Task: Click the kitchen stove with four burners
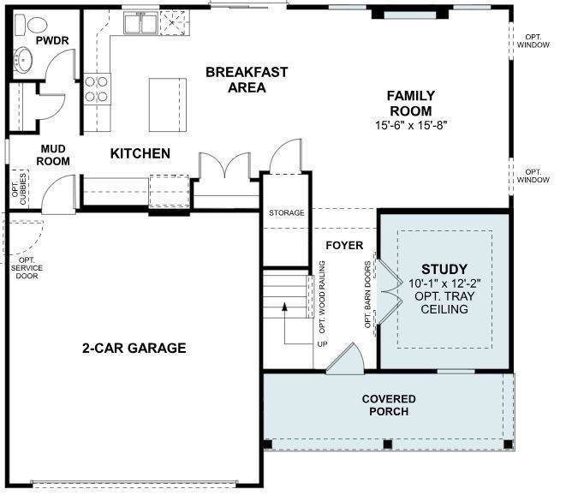pyautogui.click(x=97, y=88)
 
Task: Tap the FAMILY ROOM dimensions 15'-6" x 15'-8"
pyautogui.click(x=411, y=125)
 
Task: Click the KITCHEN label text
pyautogui.click(x=140, y=154)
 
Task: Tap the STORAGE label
pyautogui.click(x=286, y=212)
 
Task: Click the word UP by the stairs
pyautogui.click(x=322, y=343)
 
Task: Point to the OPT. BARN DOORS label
pyautogui.click(x=368, y=295)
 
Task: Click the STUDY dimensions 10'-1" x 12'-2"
pyautogui.click(x=444, y=283)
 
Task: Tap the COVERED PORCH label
pyautogui.click(x=389, y=405)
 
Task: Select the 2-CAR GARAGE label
pyautogui.click(x=134, y=348)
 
